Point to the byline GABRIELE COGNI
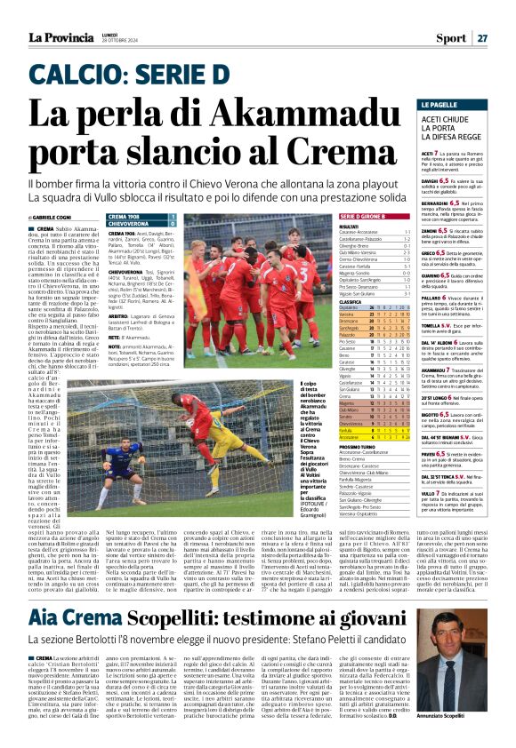point(54,218)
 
